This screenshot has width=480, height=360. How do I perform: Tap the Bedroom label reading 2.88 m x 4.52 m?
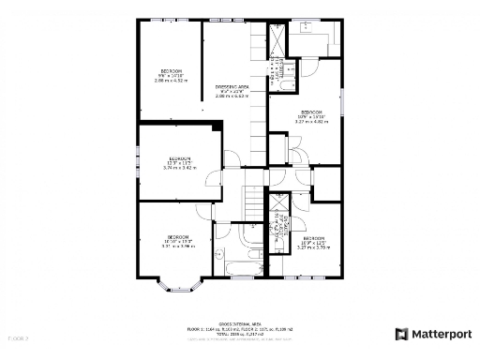171,76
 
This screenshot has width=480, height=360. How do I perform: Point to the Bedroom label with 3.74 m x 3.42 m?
180,163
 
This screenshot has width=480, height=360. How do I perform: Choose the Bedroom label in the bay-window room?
178,240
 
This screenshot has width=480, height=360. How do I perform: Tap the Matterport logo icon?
401,334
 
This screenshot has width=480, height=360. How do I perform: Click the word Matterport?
441,334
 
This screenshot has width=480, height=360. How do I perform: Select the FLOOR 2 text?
18,337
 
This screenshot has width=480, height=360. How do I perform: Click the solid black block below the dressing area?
218,125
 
